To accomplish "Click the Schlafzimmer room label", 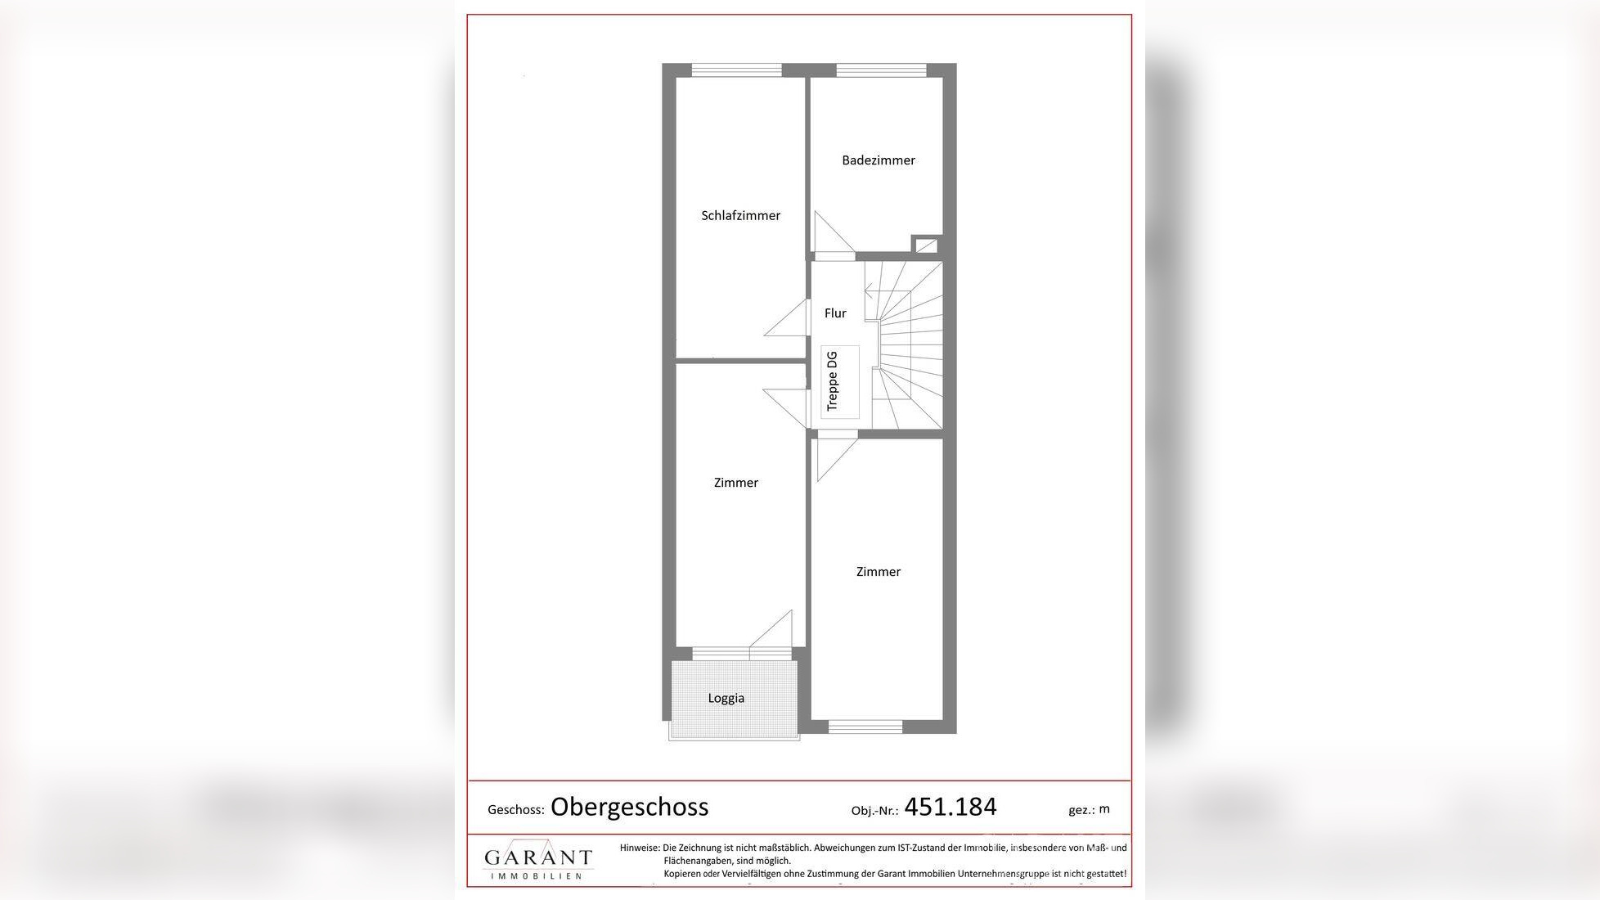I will coord(740,215).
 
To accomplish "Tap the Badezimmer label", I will coord(878,160).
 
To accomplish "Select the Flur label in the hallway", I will coord(835,313).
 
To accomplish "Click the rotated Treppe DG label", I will coord(833,381).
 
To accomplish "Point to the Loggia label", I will coord(726,698).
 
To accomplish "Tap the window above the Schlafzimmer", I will coord(736,70).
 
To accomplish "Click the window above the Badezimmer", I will coord(881,70).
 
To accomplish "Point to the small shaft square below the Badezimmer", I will coord(926,245).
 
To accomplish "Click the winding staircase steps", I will coord(912,344).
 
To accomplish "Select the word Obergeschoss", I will coord(629,807).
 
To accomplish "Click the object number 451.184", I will coord(950,807).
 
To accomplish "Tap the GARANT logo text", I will coord(537,857).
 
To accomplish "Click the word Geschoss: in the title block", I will coord(515,810).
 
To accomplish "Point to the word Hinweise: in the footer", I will coord(639,848).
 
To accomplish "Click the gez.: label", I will coord(1081,810).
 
